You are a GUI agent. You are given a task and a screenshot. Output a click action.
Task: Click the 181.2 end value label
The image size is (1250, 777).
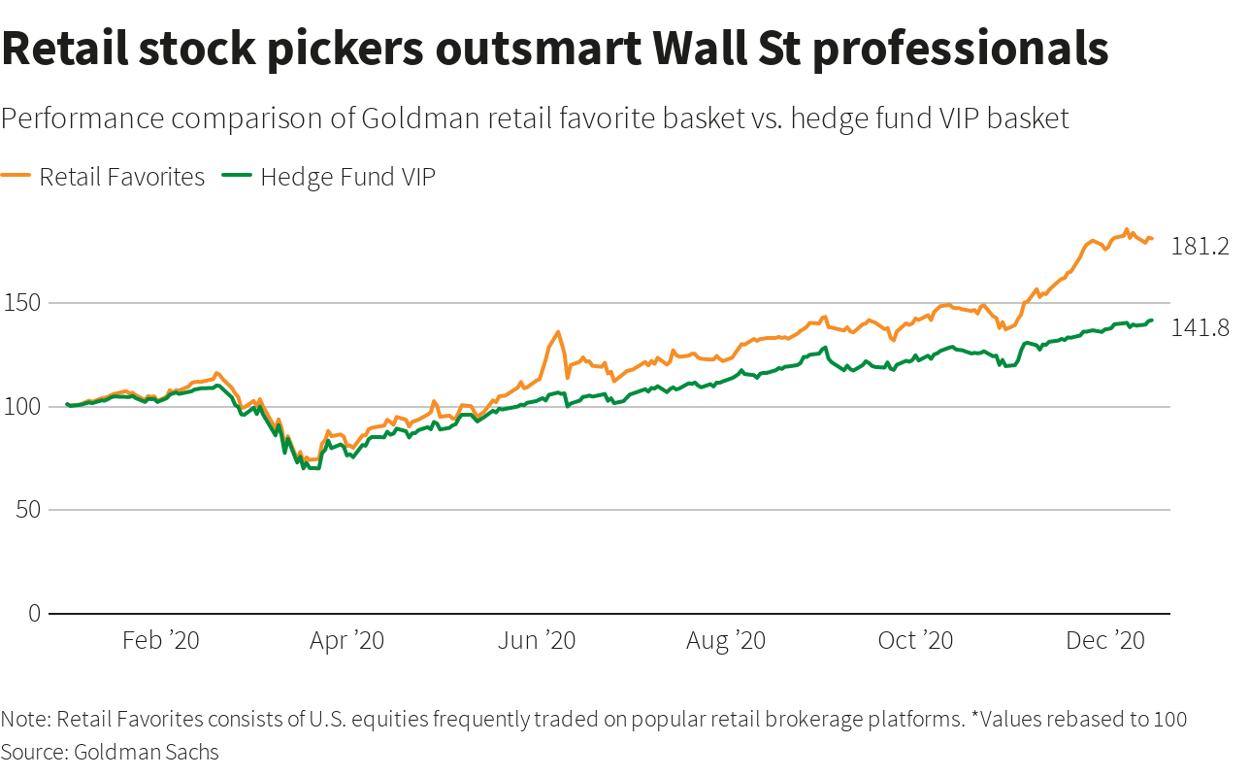pyautogui.click(x=1200, y=247)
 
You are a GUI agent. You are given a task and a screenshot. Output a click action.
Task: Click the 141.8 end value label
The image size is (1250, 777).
pyautogui.click(x=1200, y=328)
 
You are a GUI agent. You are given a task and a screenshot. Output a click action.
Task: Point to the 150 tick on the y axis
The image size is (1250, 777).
pyautogui.click(x=22, y=303)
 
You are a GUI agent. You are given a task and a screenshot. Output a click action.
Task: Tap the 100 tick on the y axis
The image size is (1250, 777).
pyautogui.click(x=22, y=407)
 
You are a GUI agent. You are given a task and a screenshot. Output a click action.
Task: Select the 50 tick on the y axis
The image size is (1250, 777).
pyautogui.click(x=28, y=510)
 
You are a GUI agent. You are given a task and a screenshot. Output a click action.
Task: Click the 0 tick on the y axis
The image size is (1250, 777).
pyautogui.click(x=35, y=613)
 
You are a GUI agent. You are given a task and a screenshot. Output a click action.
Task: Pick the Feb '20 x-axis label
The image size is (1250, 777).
pyautogui.click(x=161, y=641)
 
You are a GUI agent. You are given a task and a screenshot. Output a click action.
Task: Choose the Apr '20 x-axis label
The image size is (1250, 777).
pyautogui.click(x=347, y=641)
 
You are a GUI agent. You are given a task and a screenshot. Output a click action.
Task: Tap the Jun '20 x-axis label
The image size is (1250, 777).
pyautogui.click(x=537, y=641)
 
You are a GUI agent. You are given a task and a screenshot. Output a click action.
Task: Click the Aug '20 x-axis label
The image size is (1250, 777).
pyautogui.click(x=726, y=641)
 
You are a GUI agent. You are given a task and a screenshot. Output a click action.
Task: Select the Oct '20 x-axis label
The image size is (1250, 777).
pyautogui.click(x=915, y=641)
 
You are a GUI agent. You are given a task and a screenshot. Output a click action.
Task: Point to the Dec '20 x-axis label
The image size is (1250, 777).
pyautogui.click(x=1104, y=641)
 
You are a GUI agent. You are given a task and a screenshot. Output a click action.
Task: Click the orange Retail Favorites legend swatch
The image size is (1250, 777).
pyautogui.click(x=16, y=175)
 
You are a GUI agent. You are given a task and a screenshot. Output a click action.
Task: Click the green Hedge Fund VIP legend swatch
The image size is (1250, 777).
pyautogui.click(x=237, y=175)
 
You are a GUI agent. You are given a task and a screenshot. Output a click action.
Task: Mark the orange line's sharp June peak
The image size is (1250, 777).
pyautogui.click(x=557, y=332)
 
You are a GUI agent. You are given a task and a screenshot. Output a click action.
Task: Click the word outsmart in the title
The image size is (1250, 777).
pyautogui.click(x=538, y=49)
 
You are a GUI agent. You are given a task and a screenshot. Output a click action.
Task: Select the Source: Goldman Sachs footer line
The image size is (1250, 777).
pyautogui.click(x=110, y=752)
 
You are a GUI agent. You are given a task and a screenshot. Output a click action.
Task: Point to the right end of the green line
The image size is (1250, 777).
pyautogui.click(x=1151, y=321)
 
